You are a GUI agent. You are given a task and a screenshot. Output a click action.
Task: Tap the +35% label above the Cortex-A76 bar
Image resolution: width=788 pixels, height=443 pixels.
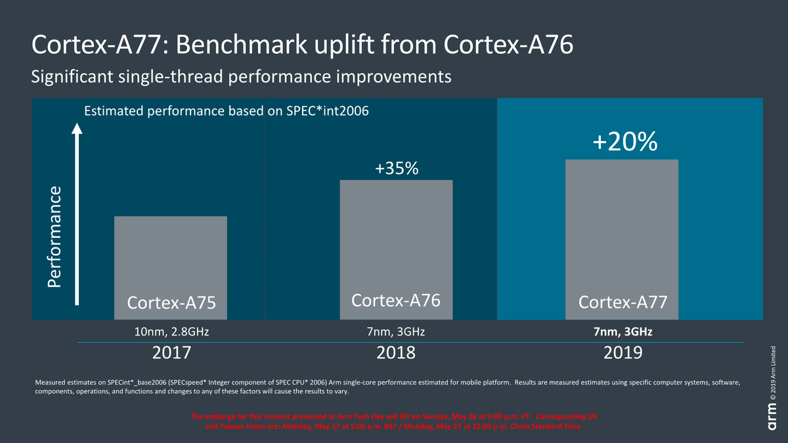396,169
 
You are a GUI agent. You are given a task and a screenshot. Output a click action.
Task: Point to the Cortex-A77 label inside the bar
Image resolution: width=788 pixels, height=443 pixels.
623,303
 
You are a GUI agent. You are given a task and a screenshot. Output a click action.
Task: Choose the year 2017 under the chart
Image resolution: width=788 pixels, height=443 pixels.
171,352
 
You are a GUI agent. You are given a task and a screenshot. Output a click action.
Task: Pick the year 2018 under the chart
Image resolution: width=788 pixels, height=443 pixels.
396,352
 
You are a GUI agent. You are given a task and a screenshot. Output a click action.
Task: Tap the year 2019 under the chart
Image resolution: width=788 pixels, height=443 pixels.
622,352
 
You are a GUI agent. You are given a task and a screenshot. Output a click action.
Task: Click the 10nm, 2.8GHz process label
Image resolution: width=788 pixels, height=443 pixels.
171,332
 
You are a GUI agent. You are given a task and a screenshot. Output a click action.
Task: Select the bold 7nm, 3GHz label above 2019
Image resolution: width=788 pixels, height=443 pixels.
622,332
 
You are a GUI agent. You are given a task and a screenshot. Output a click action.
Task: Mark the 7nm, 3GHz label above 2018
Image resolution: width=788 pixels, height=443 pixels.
396,332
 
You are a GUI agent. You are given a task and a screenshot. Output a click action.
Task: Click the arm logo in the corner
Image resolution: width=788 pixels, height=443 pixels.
772,417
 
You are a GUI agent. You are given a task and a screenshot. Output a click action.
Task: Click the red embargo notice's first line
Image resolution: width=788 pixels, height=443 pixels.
394,417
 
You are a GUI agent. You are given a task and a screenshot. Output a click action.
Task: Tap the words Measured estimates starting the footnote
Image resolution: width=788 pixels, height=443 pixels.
62,382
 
